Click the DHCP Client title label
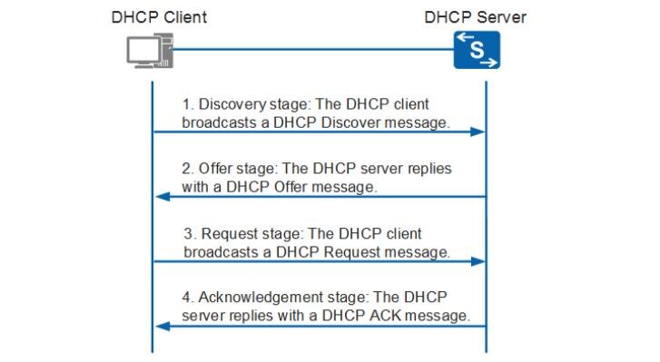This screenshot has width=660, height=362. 158,16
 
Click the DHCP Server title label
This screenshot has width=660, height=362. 475,16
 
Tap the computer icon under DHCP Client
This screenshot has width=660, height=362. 149,50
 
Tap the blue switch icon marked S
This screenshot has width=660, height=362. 477,50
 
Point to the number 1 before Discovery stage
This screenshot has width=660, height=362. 186,103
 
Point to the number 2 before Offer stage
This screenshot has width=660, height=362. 186,170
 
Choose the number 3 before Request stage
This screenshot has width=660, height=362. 188,234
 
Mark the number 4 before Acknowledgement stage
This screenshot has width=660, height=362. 186,298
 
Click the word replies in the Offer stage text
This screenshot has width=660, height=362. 428,170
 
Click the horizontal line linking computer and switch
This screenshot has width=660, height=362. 313,49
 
